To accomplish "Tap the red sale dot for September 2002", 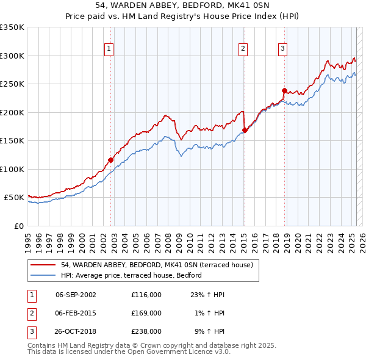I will tap(111, 160).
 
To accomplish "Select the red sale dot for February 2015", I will tap(245, 130).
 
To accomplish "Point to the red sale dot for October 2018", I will tap(284, 91).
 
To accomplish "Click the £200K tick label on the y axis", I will tap(12, 112).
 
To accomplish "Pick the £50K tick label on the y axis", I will tap(15, 198).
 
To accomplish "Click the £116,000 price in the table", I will tap(146, 295).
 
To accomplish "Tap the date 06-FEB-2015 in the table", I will tap(75, 313).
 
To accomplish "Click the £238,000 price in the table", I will tap(146, 331).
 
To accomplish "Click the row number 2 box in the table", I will tap(30, 313).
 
